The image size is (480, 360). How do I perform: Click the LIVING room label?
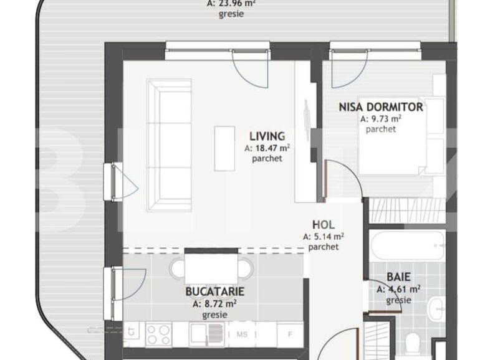coord(267,136)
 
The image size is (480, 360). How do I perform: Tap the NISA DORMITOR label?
coord(380,107)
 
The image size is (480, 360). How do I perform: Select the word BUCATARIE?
coord(214,291)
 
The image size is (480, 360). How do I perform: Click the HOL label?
coord(324,225)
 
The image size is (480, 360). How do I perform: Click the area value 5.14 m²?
coord(324,237)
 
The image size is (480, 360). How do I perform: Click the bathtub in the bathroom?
coord(407,246)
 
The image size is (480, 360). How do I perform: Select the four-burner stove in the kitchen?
coord(158,334)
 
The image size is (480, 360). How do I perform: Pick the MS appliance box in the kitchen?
coord(242,334)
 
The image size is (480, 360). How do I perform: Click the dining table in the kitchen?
coord(212,268)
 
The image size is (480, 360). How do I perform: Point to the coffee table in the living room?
coord(224,148)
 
